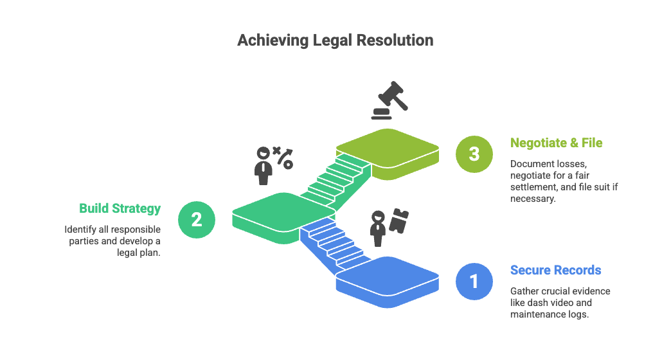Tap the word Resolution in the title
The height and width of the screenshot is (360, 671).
tap(397, 40)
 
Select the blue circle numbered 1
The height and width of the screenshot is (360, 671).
tap(474, 282)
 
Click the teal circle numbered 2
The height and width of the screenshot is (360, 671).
tap(197, 219)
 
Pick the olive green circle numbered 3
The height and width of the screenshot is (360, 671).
tap(474, 154)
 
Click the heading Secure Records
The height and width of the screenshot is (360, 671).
tap(555, 270)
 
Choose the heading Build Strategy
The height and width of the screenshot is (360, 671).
tap(120, 208)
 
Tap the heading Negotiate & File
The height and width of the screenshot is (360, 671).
tap(556, 143)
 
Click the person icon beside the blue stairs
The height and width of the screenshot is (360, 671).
tap(378, 228)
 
